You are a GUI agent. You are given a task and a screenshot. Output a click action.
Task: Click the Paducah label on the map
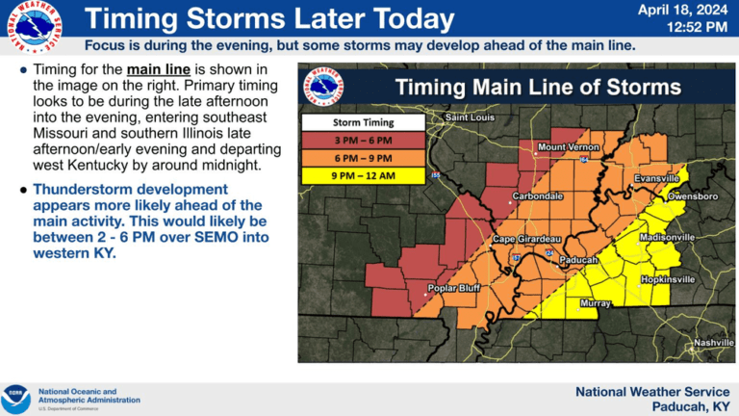[578, 260]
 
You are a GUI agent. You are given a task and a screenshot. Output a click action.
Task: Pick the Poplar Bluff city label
[454, 288]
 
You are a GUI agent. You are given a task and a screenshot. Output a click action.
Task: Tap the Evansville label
[657, 179]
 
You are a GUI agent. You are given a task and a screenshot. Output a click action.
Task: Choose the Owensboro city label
[694, 196]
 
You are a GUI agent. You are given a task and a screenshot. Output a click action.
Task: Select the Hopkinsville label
[668, 279]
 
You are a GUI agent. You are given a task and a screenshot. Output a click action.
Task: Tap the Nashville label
[714, 343]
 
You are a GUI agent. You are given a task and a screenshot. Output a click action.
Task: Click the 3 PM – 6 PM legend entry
[363, 140]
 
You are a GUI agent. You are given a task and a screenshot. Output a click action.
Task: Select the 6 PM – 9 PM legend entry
[363, 157]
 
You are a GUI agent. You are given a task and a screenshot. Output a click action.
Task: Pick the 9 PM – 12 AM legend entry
[363, 175]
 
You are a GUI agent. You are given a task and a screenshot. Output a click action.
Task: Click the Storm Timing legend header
[363, 123]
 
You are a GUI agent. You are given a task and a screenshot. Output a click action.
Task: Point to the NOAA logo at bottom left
[16, 399]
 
